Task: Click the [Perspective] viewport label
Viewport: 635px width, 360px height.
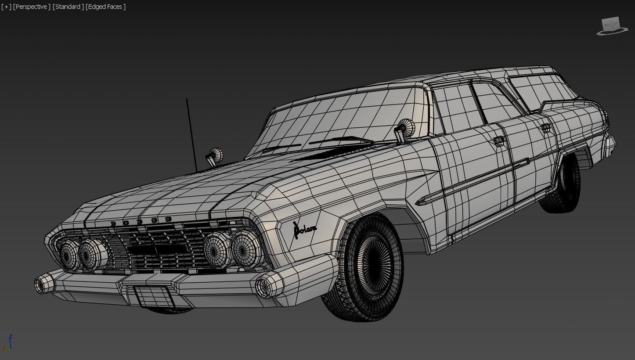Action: pos(32,7)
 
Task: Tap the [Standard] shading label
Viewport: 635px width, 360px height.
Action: pos(68,7)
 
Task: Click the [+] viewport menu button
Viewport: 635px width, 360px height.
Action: pos(6,7)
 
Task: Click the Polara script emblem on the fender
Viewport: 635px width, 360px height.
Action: pos(304,230)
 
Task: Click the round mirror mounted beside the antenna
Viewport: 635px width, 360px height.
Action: pos(215,156)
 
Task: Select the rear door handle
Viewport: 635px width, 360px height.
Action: pos(545,127)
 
